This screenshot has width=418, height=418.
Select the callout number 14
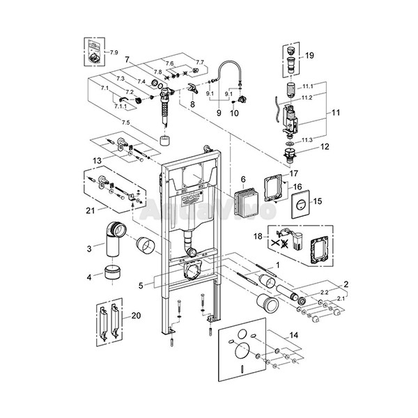pyautogui.click(x=295, y=336)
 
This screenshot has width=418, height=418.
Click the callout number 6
pyautogui.click(x=243, y=179)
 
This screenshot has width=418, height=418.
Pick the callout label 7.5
pyautogui.click(x=125, y=123)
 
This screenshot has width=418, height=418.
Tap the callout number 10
pyautogui.click(x=234, y=112)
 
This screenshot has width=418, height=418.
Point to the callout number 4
pyautogui.click(x=88, y=278)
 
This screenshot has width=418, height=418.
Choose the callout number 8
pyautogui.click(x=192, y=103)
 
